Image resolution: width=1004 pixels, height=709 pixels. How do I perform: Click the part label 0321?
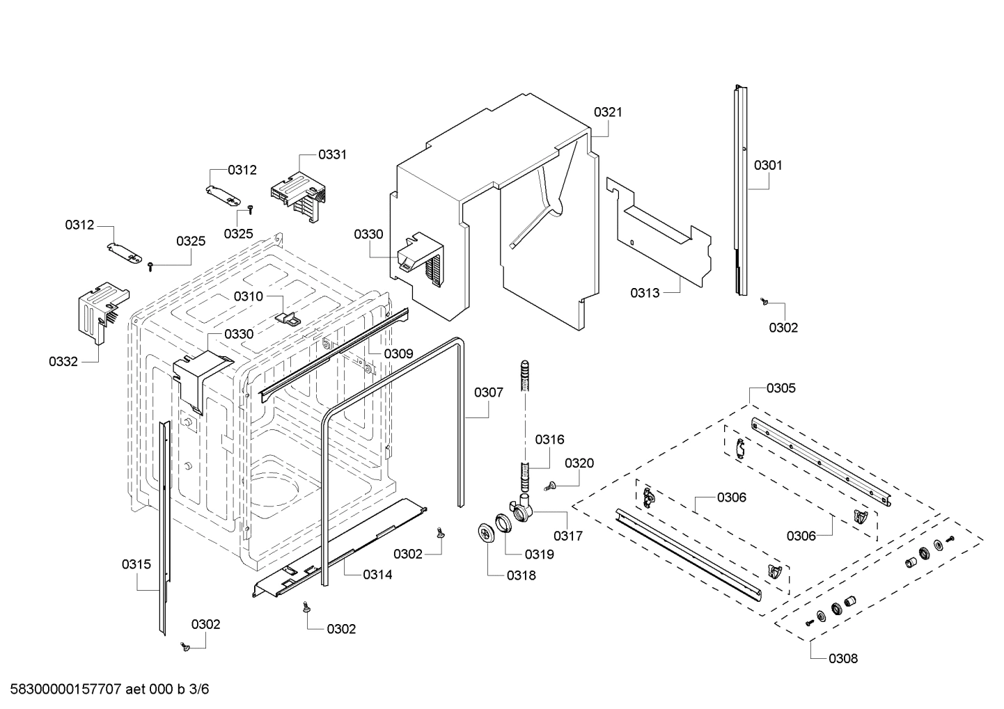click(608, 112)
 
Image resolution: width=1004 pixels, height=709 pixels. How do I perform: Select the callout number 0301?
click(768, 166)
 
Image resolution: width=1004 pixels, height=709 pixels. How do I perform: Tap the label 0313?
click(645, 293)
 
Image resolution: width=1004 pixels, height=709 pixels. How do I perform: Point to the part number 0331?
click(332, 154)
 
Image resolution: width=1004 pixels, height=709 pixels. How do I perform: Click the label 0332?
click(63, 361)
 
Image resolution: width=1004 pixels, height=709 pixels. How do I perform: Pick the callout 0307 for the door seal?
click(488, 392)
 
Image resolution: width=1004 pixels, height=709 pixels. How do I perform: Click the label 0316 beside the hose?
click(549, 439)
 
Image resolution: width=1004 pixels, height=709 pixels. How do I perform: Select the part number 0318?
click(521, 575)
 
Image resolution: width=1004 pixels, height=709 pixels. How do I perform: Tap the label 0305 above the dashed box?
click(781, 388)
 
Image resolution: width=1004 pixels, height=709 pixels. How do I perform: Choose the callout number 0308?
click(843, 658)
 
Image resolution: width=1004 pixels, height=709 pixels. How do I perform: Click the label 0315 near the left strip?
click(136, 564)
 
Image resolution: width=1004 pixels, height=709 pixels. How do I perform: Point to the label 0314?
click(377, 575)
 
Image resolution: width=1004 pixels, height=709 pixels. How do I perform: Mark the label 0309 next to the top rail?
click(398, 353)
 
